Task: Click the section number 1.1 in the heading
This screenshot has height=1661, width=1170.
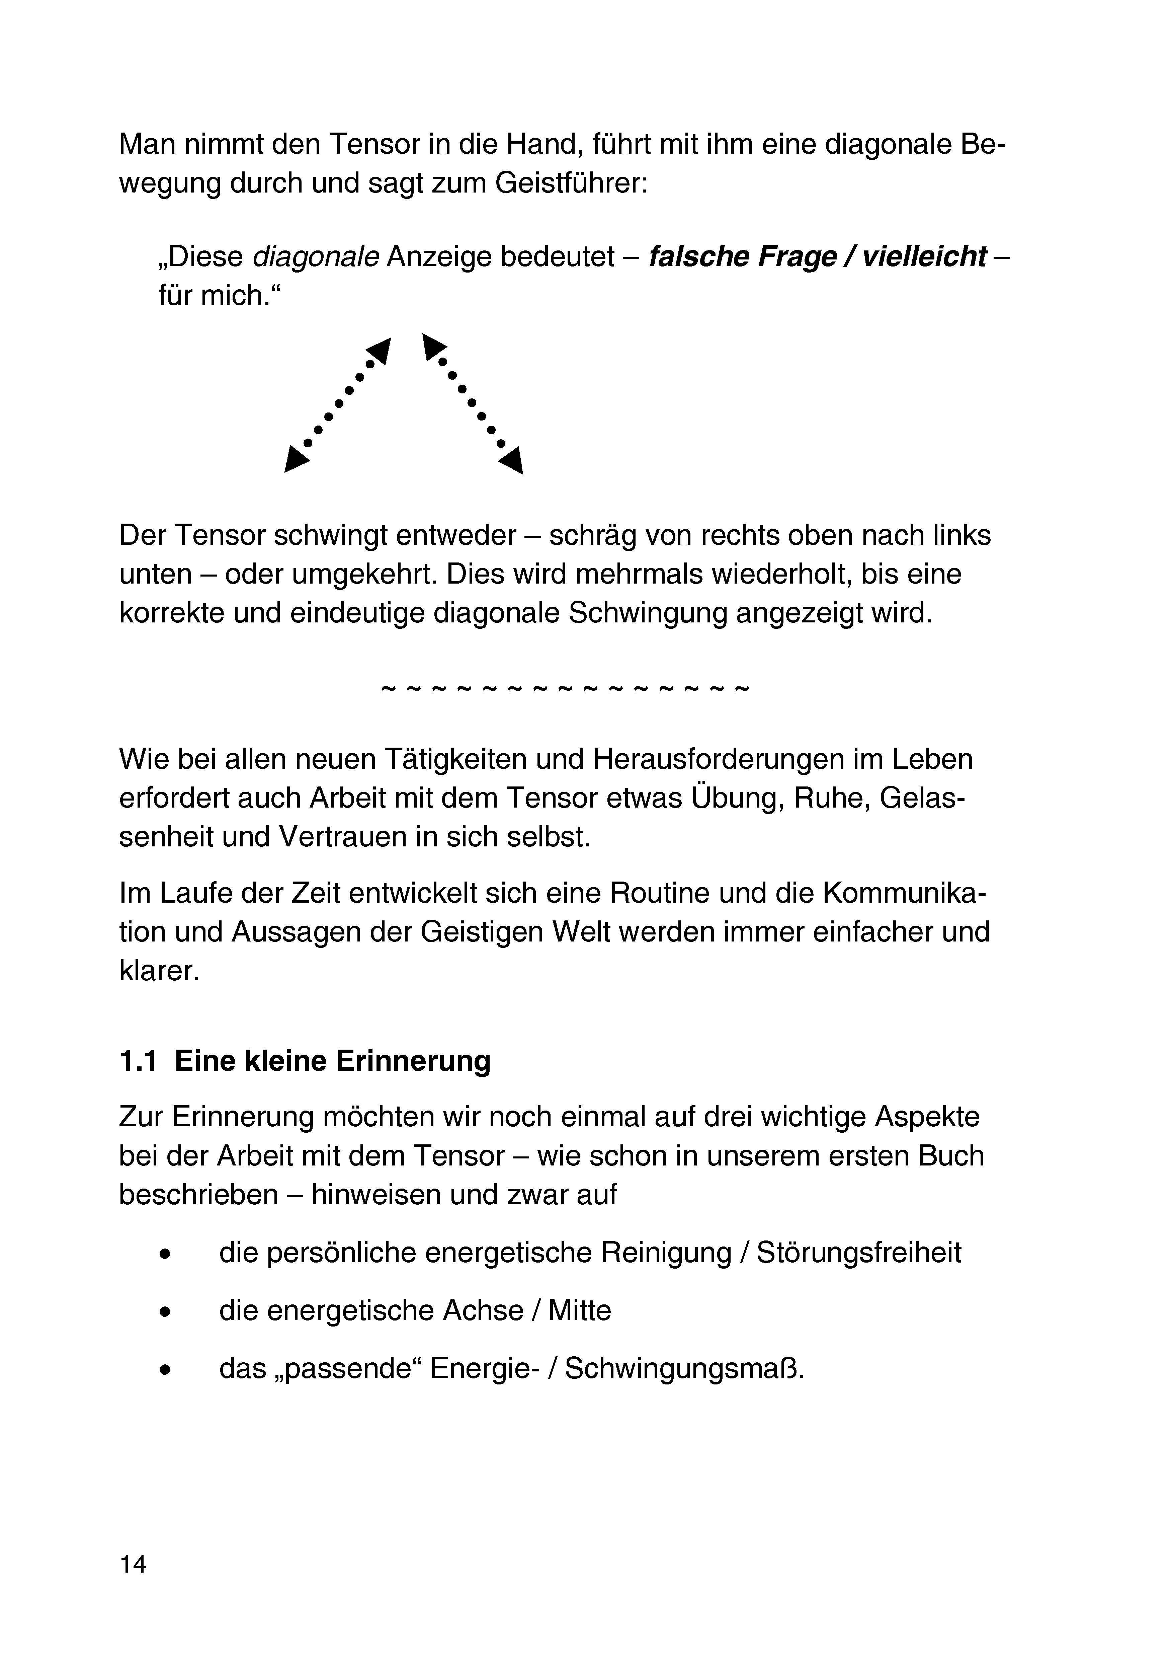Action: coord(138,1061)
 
